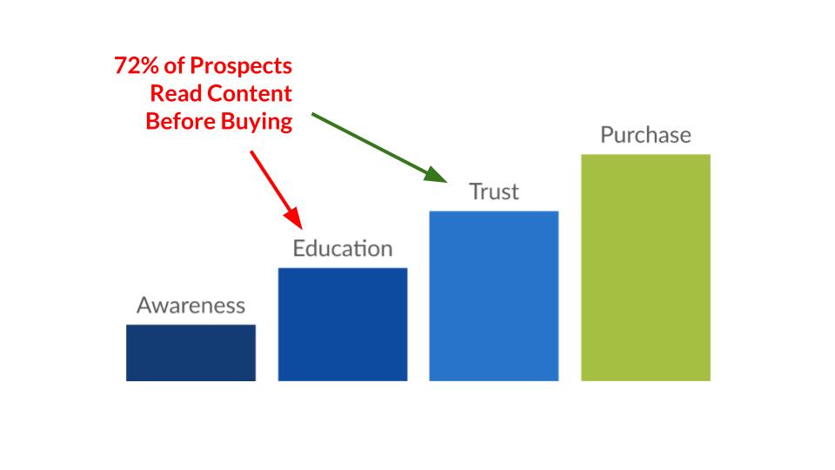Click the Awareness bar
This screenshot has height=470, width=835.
190,352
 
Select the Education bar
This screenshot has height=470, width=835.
343,324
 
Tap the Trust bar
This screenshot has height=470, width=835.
493,296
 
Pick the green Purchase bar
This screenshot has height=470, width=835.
645,267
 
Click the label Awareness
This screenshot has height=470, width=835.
190,305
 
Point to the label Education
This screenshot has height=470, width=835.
343,249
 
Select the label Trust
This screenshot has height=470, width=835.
493,191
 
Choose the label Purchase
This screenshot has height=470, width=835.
645,135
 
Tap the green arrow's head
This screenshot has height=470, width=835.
438,178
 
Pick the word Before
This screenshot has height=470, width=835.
177,121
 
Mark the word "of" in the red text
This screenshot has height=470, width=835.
178,66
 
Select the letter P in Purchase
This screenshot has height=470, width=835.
607,135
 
